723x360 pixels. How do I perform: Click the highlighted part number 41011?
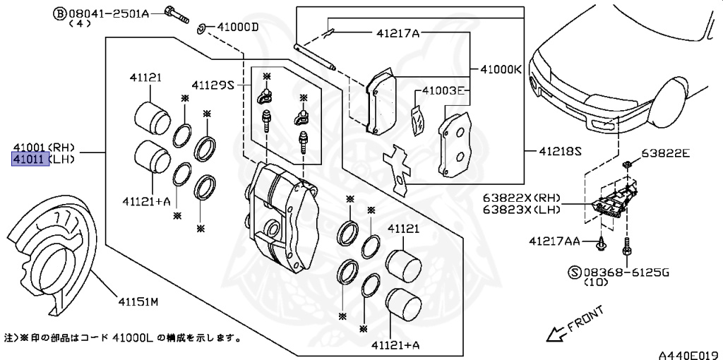pyautogui.click(x=30, y=160)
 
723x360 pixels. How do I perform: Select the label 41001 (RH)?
pyautogui.click(x=42, y=148)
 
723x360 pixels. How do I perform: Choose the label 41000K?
pyautogui.click(x=501, y=70)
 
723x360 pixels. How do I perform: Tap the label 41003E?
pyautogui.click(x=443, y=90)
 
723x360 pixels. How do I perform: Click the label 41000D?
pyautogui.click(x=238, y=27)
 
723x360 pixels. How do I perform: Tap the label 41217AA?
pyautogui.click(x=554, y=241)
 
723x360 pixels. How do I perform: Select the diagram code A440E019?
pyautogui.click(x=688, y=353)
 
